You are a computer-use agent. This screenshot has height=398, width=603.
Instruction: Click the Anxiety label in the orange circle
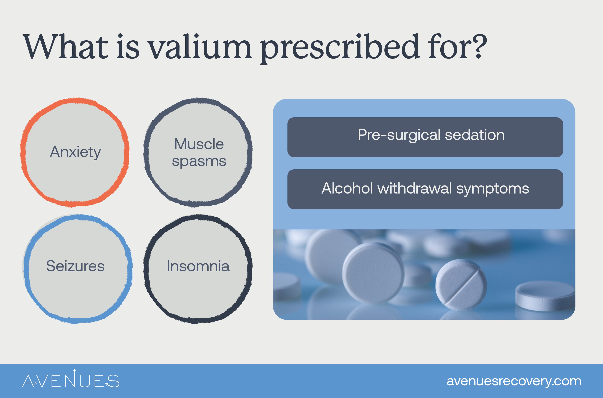pos(75,152)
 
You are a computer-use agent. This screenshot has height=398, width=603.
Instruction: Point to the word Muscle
pos(199,144)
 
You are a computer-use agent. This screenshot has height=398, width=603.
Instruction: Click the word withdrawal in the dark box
pos(415,189)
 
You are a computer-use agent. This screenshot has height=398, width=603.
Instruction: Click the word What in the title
pos(66,47)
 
